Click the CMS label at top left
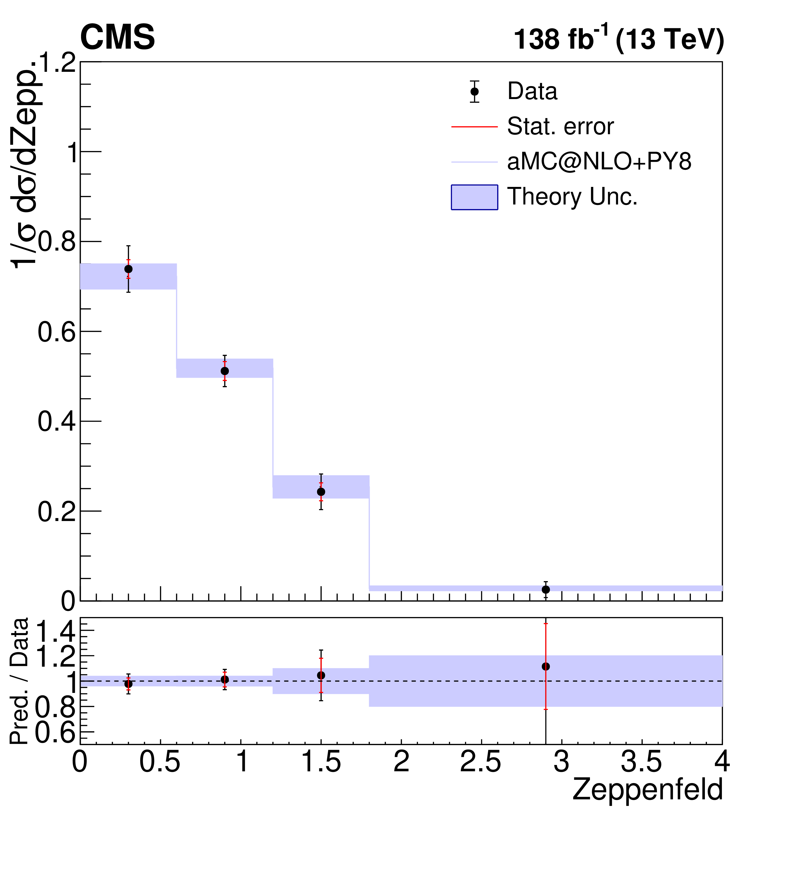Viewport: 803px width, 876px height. [x=117, y=37]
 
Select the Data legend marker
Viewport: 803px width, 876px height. [x=474, y=92]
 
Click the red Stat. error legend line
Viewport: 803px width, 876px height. [x=474, y=127]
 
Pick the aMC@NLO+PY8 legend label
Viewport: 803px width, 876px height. [x=599, y=162]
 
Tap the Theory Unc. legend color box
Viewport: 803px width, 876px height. [x=474, y=197]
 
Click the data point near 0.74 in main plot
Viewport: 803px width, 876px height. [x=128, y=269]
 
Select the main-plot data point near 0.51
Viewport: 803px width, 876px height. [x=225, y=371]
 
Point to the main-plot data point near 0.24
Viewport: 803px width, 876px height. [x=321, y=492]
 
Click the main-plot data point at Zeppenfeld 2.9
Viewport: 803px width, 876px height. [x=546, y=590]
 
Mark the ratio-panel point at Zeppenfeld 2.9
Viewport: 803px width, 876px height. [x=546, y=667]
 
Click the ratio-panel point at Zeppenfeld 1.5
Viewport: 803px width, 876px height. [x=321, y=675]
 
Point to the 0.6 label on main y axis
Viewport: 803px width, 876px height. [x=57, y=332]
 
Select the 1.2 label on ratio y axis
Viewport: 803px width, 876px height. [x=56, y=656]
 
